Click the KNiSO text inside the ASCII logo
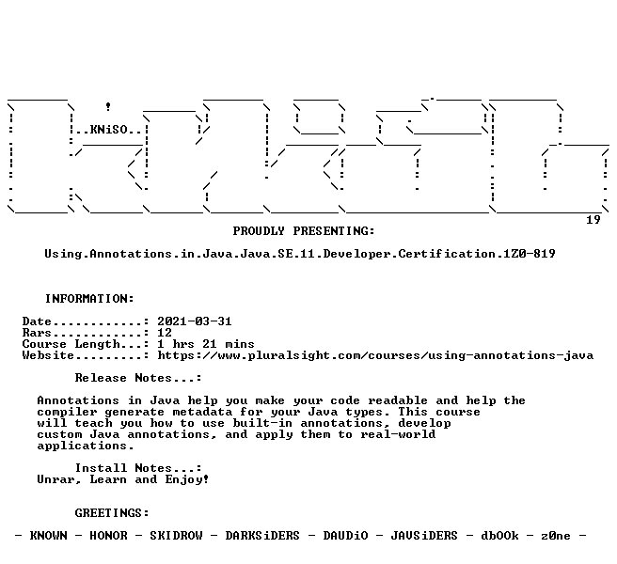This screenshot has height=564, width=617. tap(108, 130)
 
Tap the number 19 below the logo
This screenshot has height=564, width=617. tap(593, 220)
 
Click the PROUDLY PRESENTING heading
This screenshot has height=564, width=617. tap(304, 231)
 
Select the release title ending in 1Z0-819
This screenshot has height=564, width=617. tap(300, 254)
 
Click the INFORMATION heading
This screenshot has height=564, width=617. tap(89, 299)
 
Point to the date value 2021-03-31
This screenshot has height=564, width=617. tap(195, 321)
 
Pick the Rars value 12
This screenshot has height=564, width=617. tap(165, 333)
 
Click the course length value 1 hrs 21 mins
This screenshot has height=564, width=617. tap(206, 344)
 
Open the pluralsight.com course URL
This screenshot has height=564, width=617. tap(375, 355)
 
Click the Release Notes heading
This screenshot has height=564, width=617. tap(138, 378)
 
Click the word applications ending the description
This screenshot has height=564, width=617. tap(86, 446)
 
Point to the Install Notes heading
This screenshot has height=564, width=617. tap(138, 468)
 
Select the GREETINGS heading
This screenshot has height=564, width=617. tap(112, 513)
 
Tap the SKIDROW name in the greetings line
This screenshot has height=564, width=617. tap(176, 536)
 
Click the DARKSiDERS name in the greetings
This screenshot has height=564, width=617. tap(262, 536)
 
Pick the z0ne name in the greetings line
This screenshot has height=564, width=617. tap(556, 536)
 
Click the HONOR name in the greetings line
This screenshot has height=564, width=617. tap(108, 536)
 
